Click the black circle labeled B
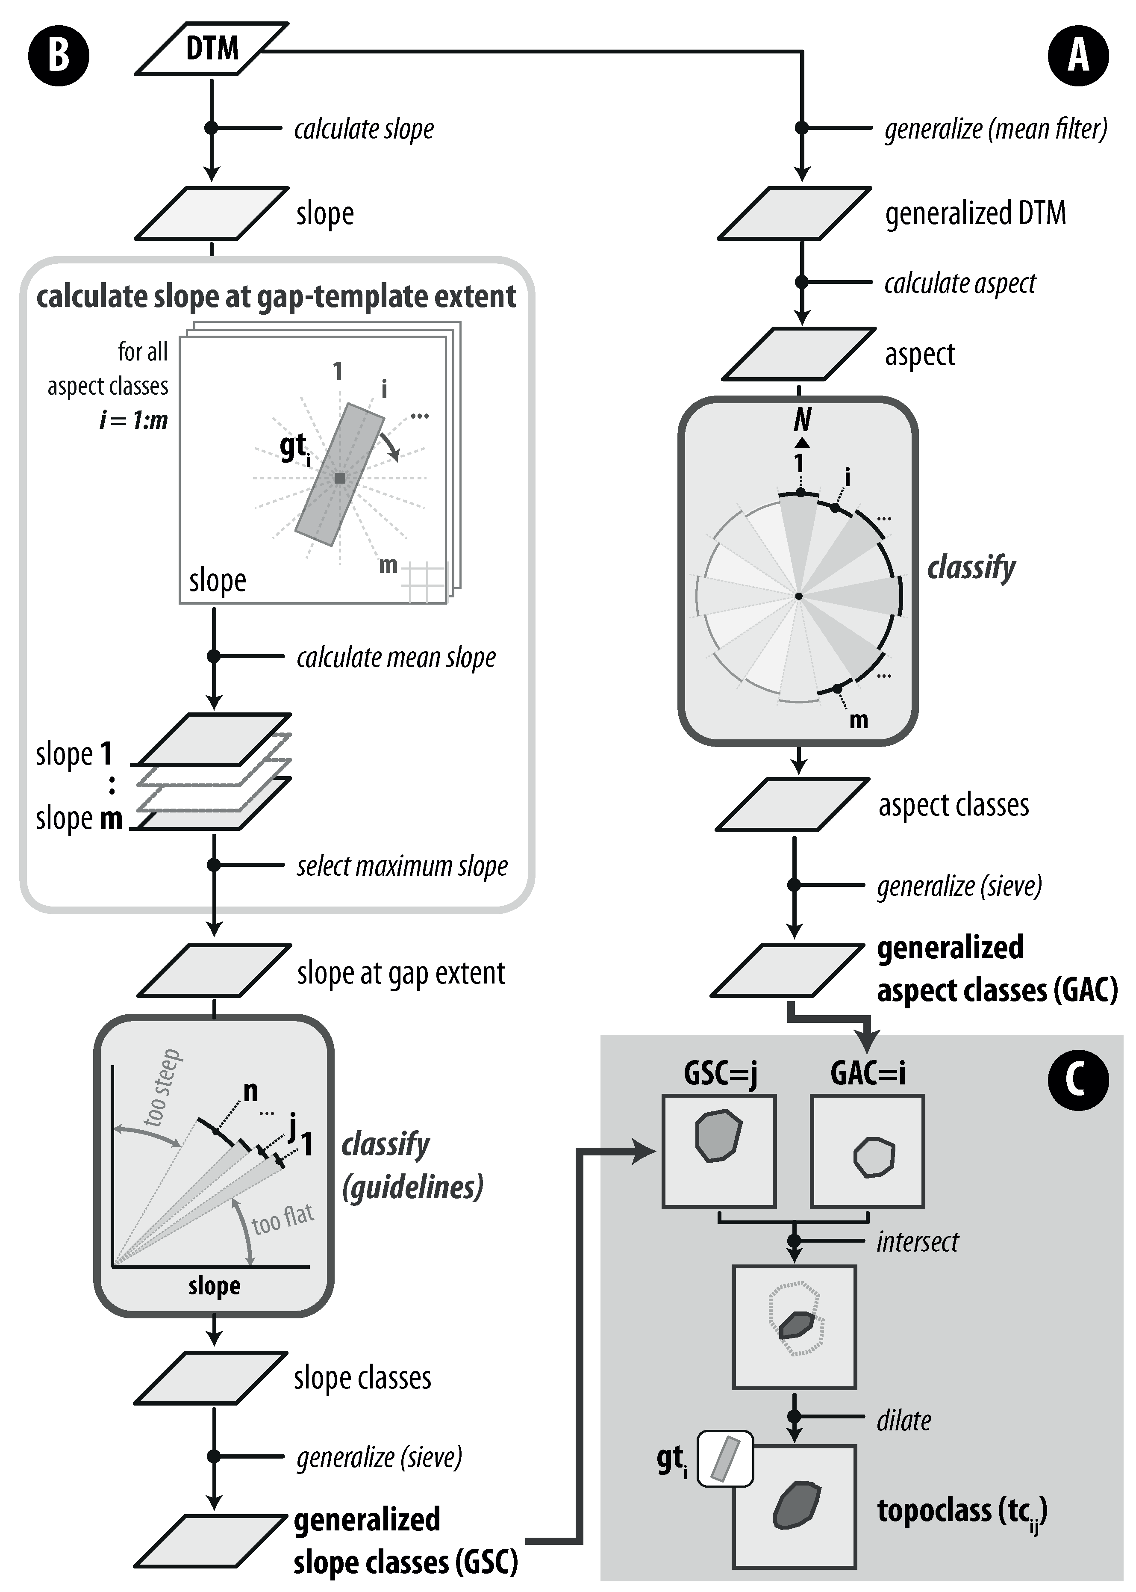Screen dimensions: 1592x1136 pyautogui.click(x=58, y=55)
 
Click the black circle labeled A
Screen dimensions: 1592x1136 pyautogui.click(x=1078, y=55)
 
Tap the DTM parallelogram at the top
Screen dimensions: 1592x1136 pyautogui.click(x=211, y=48)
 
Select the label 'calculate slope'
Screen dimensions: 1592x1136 pyautogui.click(x=363, y=129)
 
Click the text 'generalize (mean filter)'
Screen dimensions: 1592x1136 pyautogui.click(x=995, y=129)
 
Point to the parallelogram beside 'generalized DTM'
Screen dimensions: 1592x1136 pyautogui.click(x=795, y=213)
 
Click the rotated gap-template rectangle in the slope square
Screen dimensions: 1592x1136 pyautogui.click(x=340, y=474)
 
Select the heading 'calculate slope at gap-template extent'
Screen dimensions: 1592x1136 pyautogui.click(x=276, y=297)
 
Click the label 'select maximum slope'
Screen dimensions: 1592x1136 pyautogui.click(x=401, y=866)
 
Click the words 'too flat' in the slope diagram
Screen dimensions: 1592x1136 pyautogui.click(x=283, y=1220)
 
